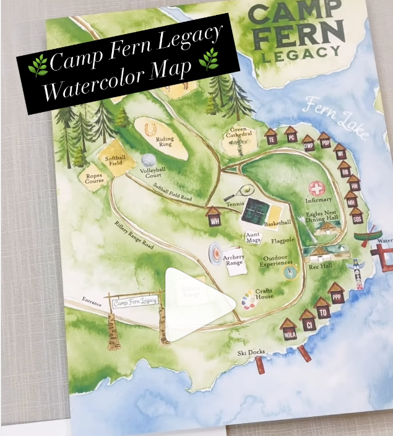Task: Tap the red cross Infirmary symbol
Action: pos(317,188)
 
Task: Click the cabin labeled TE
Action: pos(271,137)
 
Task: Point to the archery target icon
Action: pos(215,254)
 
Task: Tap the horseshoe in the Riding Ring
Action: pos(149,129)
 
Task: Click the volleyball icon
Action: pos(148,161)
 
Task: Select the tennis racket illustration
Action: pos(240,193)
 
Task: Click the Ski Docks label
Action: pos(251,353)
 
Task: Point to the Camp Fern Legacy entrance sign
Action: pos(136,301)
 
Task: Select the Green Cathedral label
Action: pos(238,133)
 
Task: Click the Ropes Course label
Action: pos(94,178)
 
